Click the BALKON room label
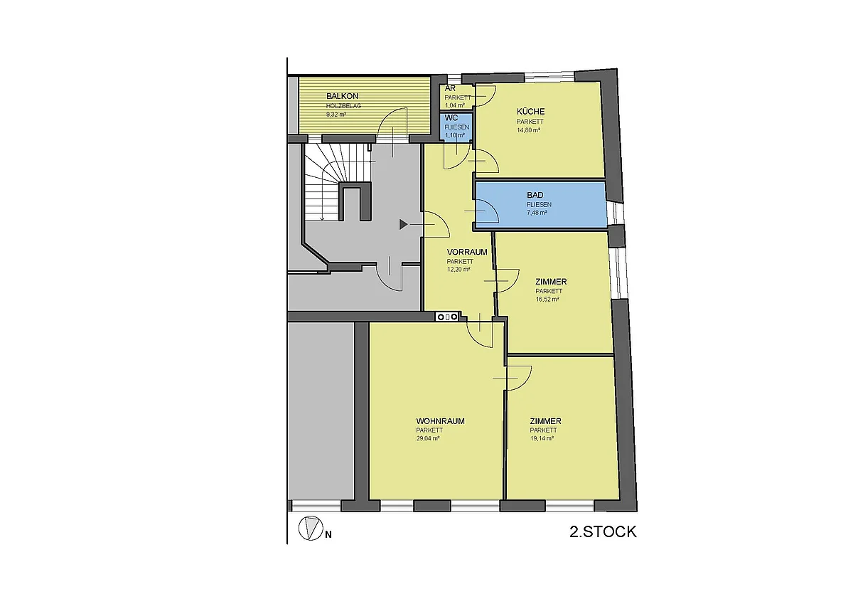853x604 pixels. point(342,97)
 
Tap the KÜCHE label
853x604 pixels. point(530,112)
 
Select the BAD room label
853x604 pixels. point(535,195)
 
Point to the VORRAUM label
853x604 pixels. point(467,252)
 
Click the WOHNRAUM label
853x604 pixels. point(440,421)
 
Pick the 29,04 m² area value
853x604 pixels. point(428,438)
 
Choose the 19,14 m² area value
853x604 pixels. point(542,438)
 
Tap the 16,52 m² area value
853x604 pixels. point(547,299)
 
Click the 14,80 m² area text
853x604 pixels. point(528,130)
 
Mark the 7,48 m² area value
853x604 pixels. point(537,213)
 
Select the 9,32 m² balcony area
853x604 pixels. point(336,114)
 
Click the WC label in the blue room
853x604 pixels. point(451,118)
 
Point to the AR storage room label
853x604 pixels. point(450,89)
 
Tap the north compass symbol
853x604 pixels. point(311,528)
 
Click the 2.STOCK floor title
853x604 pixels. point(603,531)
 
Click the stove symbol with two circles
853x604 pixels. point(447,317)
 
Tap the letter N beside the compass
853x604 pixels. point(328,535)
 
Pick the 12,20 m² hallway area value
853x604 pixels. point(458,269)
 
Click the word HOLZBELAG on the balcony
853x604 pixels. point(343,106)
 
